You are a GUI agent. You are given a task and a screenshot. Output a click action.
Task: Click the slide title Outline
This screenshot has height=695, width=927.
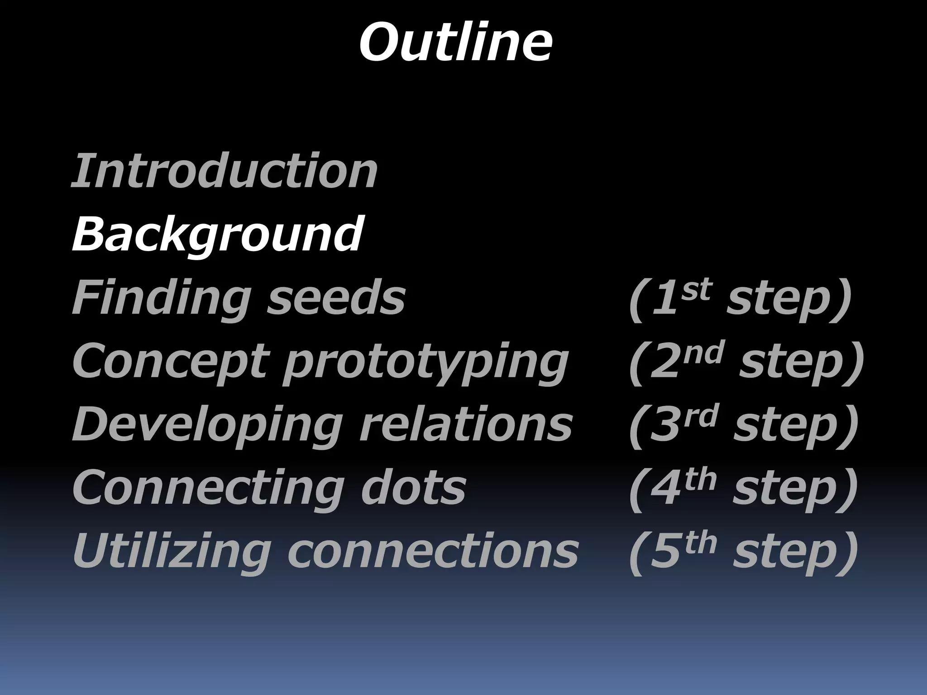(455, 43)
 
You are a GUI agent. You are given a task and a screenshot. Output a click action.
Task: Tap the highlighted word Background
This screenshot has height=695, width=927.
(217, 234)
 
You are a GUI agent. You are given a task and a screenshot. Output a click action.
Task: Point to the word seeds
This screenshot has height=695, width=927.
(336, 298)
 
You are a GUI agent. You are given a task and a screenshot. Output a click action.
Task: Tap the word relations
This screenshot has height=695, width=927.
(466, 424)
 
